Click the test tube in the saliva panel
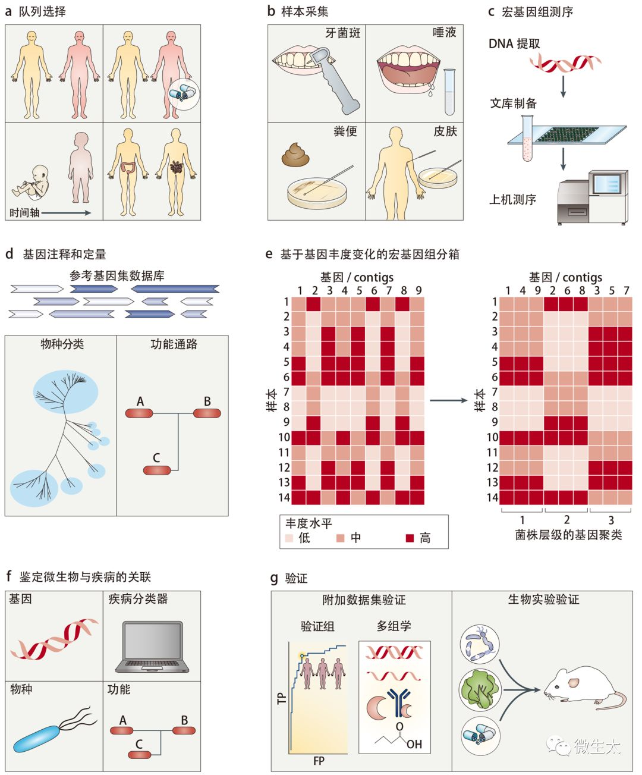point(449,92)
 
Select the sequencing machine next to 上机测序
point(592,197)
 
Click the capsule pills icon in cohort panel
point(183,93)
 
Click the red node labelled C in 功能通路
point(157,470)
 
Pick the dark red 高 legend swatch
point(410,538)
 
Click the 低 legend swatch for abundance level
point(289,538)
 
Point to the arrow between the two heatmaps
point(448,400)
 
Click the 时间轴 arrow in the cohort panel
point(65,212)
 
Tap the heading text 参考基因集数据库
point(117,275)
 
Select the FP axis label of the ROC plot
point(319,761)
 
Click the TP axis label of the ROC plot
point(282,698)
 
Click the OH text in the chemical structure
point(414,743)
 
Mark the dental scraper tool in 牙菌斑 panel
point(336,83)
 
